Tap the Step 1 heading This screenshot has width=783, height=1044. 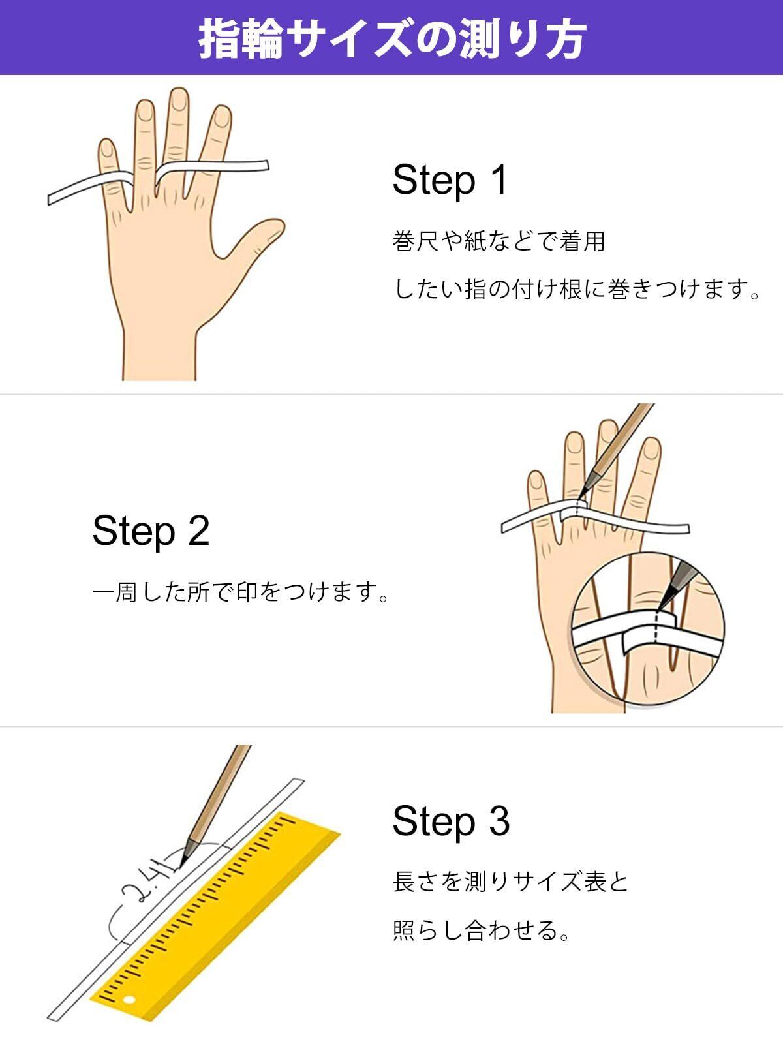[450, 181]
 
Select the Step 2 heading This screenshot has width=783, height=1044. [151, 532]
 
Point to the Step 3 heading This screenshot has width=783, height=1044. [451, 821]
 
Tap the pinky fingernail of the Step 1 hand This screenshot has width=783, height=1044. [108, 148]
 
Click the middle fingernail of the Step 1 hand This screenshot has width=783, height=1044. [179, 99]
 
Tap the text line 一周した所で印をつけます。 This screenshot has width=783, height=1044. [241, 592]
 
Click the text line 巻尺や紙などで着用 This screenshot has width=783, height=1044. [499, 241]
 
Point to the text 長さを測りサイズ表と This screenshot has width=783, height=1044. [511, 882]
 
